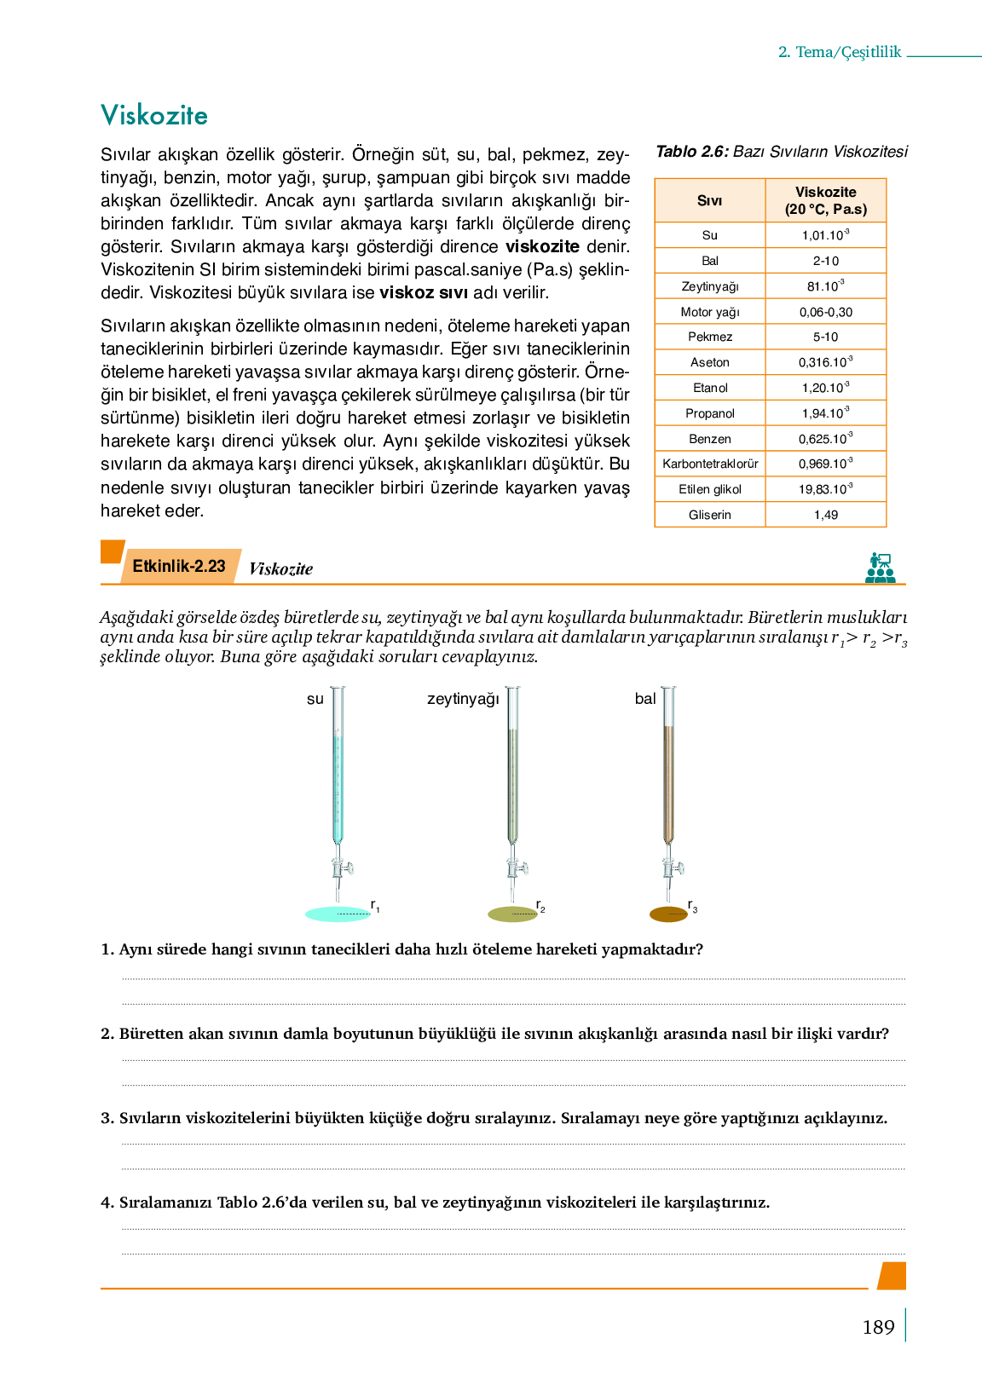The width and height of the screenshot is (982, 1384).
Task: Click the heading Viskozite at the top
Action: coord(154,115)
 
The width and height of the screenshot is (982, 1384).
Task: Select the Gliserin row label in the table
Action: coord(710,515)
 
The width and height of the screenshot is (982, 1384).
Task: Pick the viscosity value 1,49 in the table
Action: coord(825,515)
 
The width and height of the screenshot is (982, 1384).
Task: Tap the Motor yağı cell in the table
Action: coord(710,312)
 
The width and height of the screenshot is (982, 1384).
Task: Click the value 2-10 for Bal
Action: coord(825,261)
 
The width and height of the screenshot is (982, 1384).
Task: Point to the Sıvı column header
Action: coord(709,200)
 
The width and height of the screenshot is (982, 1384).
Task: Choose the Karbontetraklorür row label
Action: coord(710,464)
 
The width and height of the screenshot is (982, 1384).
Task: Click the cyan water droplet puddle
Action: coord(338,914)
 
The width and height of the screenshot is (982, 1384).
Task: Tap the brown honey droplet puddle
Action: coord(668,914)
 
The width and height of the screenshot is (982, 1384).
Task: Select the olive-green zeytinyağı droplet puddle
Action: coord(512,914)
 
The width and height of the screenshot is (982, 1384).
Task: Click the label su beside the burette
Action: coord(315,699)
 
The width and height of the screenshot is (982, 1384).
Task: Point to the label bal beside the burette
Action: coord(645,699)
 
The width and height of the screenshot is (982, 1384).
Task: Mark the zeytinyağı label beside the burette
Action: coord(463,699)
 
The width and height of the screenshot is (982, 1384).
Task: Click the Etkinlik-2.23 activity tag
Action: coord(179,567)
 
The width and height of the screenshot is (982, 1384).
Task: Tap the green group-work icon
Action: coord(880,568)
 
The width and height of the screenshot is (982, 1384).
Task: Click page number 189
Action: coord(878,1327)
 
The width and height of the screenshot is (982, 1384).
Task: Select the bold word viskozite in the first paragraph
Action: coord(542,247)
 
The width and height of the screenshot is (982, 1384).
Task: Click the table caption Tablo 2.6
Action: coord(692,152)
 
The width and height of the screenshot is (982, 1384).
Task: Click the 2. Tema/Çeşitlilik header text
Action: coord(840,52)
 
